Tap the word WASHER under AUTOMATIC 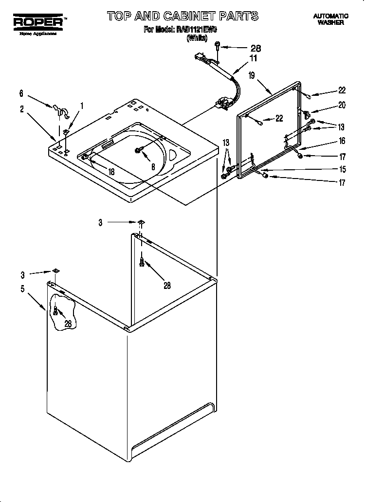coord(331,22)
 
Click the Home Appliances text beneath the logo coord(37,34)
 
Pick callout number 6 coord(21,93)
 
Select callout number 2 coord(22,109)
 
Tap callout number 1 coord(81,105)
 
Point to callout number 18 coord(111,171)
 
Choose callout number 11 coord(253,58)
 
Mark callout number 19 coord(252,75)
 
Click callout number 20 coord(342,105)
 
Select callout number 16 coord(342,141)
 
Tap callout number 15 coord(342,169)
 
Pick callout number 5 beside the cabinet coord(22,288)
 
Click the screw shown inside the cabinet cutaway coord(56,310)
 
